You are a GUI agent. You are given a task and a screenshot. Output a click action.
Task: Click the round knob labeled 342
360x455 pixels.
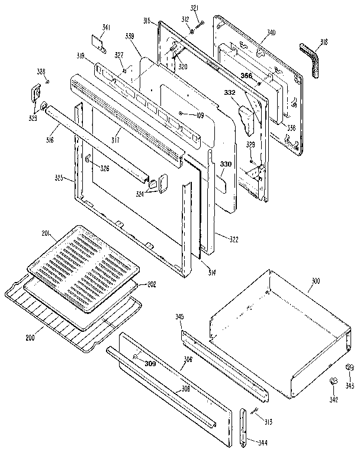333,382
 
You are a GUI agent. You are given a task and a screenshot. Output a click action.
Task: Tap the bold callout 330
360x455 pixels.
226,164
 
